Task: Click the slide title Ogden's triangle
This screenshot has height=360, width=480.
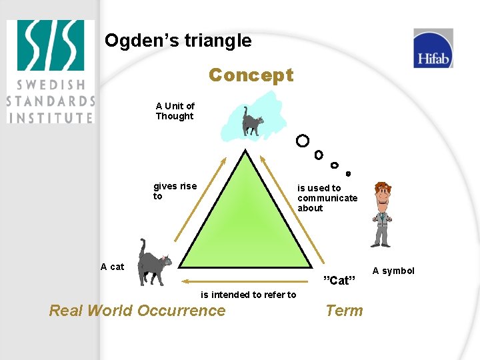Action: (178, 41)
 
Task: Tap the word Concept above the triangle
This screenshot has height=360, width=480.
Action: (251, 75)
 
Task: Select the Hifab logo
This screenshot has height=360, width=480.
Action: (433, 49)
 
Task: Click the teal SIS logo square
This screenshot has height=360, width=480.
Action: (51, 45)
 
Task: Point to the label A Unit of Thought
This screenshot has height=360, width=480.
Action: (175, 111)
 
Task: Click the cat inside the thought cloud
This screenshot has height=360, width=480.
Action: (252, 122)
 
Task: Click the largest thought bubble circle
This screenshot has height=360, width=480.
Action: (303, 141)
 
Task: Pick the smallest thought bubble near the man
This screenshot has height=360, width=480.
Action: (348, 173)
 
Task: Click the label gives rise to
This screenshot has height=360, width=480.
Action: (175, 191)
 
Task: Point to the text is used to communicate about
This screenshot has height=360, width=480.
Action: (327, 198)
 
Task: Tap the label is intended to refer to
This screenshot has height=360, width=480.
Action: (248, 295)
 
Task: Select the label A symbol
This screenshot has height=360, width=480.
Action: (393, 271)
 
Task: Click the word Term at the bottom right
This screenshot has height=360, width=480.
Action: (344, 310)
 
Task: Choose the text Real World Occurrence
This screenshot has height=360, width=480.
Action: (137, 310)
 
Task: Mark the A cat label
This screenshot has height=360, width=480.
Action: (112, 267)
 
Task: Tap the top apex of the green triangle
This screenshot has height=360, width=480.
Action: (247, 151)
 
